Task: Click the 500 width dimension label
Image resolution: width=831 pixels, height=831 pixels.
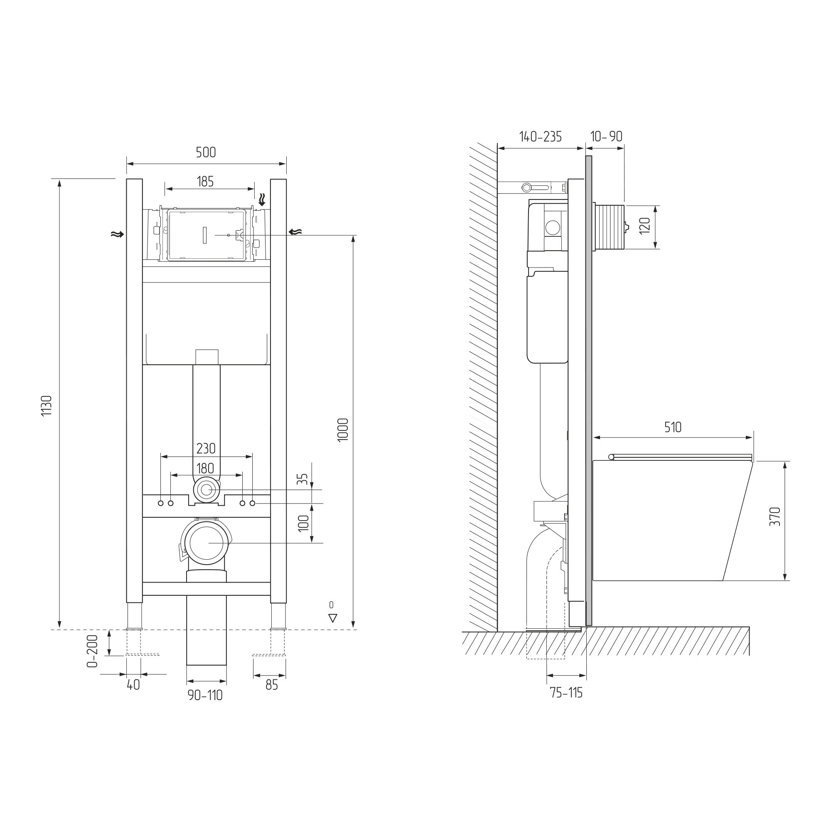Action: pos(206,152)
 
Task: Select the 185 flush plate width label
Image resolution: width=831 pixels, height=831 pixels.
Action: pos(205,182)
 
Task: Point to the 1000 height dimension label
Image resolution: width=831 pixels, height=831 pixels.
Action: pos(343,430)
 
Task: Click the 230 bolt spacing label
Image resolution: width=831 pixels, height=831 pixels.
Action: pos(206,449)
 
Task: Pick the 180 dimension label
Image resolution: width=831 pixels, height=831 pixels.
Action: pos(205,468)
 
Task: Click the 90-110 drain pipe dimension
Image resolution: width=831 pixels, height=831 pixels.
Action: pos(205,696)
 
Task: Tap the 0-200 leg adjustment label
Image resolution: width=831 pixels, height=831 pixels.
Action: pos(93,651)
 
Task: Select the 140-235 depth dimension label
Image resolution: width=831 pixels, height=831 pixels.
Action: pos(540,136)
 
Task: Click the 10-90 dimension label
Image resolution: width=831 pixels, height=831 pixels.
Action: pos(607,136)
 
